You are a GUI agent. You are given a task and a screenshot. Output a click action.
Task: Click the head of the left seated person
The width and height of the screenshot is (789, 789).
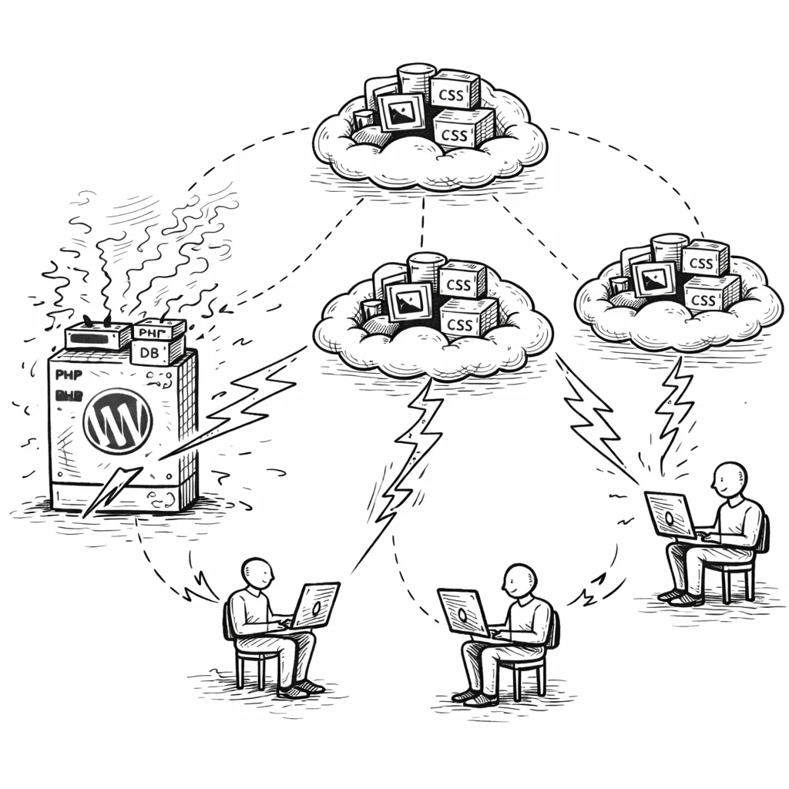pos(257,574)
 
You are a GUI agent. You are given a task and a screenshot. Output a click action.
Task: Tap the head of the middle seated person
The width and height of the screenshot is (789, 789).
pos(520,579)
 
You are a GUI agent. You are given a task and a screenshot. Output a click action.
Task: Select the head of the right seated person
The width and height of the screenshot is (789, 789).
pos(730,479)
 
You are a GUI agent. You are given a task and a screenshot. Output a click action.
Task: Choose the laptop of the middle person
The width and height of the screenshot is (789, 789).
pos(463,612)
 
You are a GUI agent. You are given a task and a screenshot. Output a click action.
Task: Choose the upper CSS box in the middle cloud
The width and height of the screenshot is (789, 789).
pos(460,282)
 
